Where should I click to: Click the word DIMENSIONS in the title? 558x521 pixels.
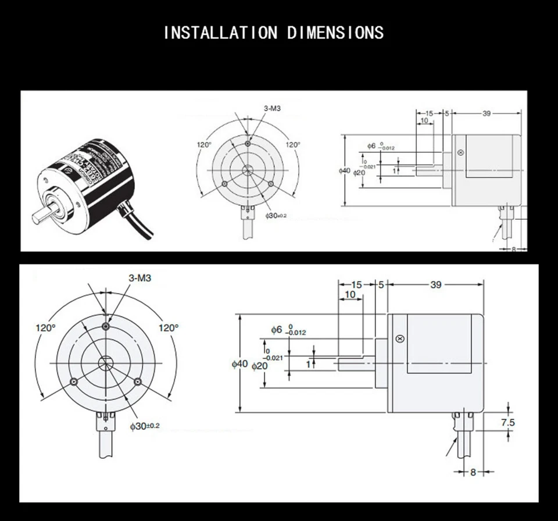point(335,33)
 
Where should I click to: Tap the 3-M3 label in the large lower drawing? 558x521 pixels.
point(139,279)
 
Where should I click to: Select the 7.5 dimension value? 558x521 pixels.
point(507,423)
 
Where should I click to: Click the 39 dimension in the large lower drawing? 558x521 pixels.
point(435,284)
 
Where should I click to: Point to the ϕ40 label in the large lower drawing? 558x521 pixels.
point(239,364)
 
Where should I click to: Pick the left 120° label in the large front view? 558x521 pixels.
point(45,328)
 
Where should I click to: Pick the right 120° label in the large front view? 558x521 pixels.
point(169,328)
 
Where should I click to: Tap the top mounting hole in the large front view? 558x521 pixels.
point(106,326)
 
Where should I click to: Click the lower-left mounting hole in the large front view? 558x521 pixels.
point(74,381)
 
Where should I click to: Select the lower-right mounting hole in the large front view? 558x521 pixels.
point(138,381)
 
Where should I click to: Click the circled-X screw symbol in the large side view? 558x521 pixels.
point(399,339)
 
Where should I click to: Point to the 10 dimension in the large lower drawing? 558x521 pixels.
point(350,295)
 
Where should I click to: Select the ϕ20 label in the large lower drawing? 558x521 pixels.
point(260,366)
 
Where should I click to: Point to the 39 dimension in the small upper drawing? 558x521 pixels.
point(487,113)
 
